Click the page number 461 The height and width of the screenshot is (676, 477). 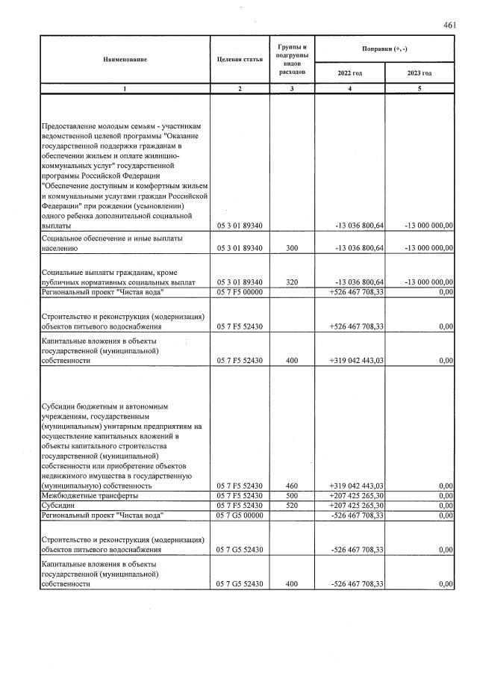pyautogui.click(x=449, y=25)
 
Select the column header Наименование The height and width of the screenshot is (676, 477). pyautogui.click(x=125, y=59)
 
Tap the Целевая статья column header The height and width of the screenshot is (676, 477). pyautogui.click(x=239, y=59)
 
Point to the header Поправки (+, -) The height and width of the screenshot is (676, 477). pyautogui.click(x=385, y=49)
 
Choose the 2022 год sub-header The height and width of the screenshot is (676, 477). pyautogui.click(x=350, y=72)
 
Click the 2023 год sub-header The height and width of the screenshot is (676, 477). pyautogui.click(x=420, y=72)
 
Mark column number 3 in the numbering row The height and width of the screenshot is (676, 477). pyautogui.click(x=292, y=89)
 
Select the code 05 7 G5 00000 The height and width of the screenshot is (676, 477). pyautogui.click(x=239, y=515)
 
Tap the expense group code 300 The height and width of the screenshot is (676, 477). pyautogui.click(x=292, y=247)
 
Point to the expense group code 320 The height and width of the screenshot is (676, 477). pyautogui.click(x=292, y=282)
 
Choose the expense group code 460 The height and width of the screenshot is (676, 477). pyautogui.click(x=292, y=486)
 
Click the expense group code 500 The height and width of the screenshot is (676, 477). pyautogui.click(x=292, y=495)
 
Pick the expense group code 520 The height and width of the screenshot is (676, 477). pyautogui.click(x=292, y=505)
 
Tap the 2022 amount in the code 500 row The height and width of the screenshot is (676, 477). pyautogui.click(x=356, y=495)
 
